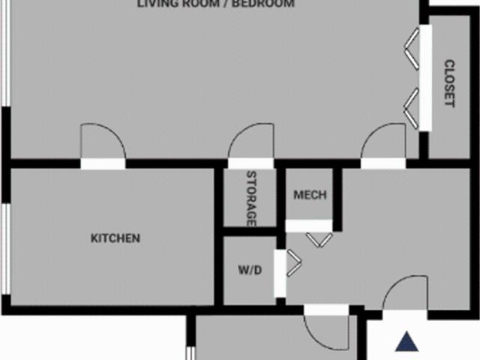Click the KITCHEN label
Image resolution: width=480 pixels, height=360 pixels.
click(115, 238)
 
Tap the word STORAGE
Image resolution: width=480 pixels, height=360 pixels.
click(251, 199)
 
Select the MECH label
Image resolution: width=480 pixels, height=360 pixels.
click(310, 196)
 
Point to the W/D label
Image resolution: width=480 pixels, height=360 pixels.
click(250, 270)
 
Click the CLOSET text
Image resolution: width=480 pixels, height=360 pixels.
click(449, 83)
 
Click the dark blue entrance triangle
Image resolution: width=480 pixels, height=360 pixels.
click(407, 342)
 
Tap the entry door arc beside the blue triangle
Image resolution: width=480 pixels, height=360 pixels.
click(406, 293)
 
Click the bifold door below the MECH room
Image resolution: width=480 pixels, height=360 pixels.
click(319, 238)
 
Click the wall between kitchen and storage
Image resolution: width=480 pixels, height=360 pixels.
click(219, 235)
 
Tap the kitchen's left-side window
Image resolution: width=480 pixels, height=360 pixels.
click(5, 247)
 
